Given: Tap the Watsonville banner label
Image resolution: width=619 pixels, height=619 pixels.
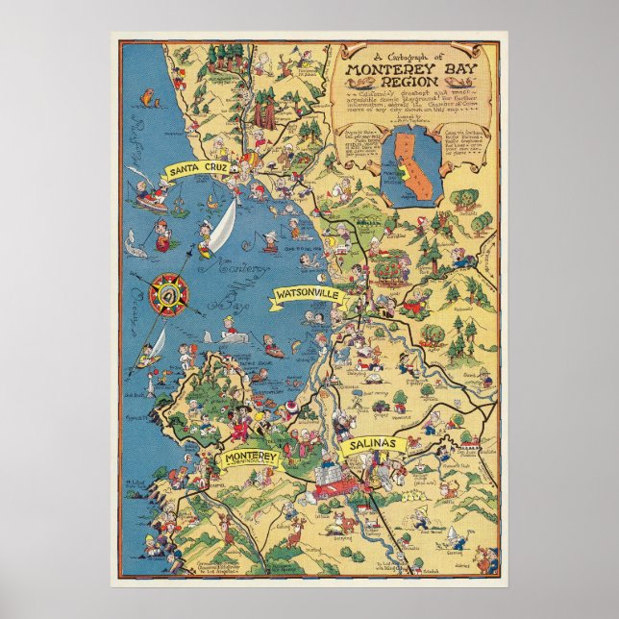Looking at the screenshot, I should tap(307, 293).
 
